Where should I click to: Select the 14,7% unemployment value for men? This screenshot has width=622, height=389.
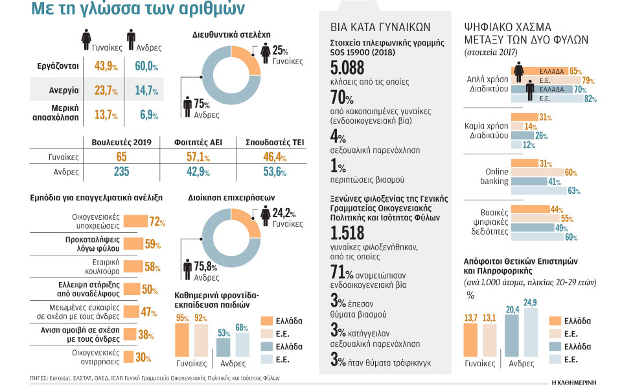click(144, 90)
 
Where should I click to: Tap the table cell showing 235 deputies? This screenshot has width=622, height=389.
click(121, 172)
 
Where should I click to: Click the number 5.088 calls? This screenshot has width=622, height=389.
click(347, 68)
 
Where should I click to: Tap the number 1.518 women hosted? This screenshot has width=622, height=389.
click(347, 235)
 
